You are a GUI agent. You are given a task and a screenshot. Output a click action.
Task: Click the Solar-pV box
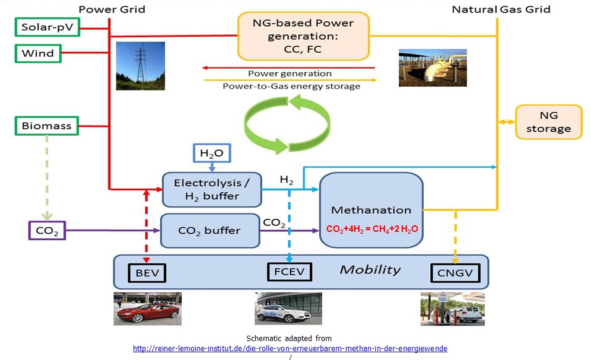(x=46, y=27)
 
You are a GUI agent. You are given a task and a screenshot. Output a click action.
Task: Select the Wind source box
(x=38, y=53)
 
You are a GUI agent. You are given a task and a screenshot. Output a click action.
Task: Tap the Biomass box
(x=46, y=126)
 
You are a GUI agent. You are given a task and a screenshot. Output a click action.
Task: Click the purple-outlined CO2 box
(x=46, y=230)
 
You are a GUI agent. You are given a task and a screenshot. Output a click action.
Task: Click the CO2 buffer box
(x=209, y=230)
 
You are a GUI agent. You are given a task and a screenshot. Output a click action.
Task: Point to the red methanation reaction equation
(x=371, y=228)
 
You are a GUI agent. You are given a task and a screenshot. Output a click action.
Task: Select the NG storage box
(x=548, y=122)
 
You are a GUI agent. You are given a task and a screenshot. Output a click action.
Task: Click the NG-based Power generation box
(x=303, y=36)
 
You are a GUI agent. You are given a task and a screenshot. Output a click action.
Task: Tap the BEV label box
(x=147, y=272)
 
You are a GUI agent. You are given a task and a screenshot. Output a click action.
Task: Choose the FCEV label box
(x=289, y=272)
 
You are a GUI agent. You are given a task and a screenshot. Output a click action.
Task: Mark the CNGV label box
(x=455, y=272)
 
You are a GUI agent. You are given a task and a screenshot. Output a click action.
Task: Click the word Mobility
(x=370, y=270)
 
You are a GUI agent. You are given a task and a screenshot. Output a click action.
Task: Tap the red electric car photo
(x=147, y=308)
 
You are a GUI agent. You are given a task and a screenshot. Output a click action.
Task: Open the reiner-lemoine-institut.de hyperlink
(x=290, y=348)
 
